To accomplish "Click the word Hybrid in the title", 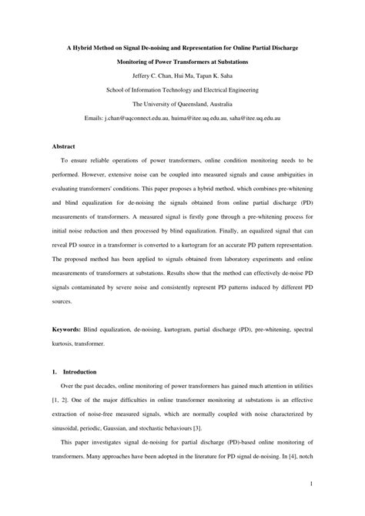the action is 83,47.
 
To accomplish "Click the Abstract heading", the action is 64,145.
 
